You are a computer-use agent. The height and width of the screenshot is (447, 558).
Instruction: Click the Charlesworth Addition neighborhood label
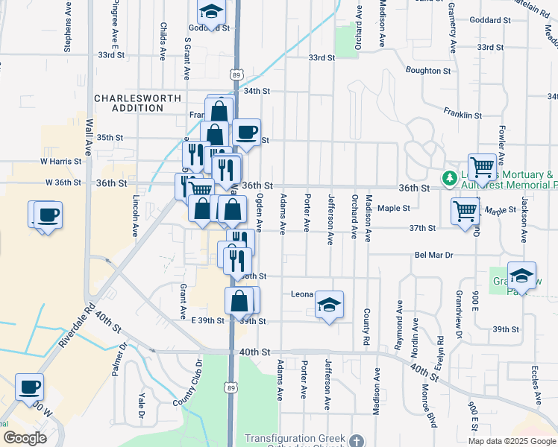click(128, 103)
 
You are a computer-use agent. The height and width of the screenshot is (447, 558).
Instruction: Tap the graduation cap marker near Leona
click(329, 304)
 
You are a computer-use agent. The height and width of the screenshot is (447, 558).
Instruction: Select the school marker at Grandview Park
click(521, 276)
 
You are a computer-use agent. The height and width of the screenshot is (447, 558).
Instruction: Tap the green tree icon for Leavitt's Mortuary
click(449, 178)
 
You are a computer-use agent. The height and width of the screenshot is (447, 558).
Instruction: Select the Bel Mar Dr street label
click(434, 255)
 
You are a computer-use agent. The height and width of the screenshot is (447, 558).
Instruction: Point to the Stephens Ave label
click(68, 30)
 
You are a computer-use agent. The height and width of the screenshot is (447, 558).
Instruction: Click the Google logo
click(25, 438)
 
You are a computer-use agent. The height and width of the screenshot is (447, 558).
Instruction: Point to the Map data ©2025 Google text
click(512, 441)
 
